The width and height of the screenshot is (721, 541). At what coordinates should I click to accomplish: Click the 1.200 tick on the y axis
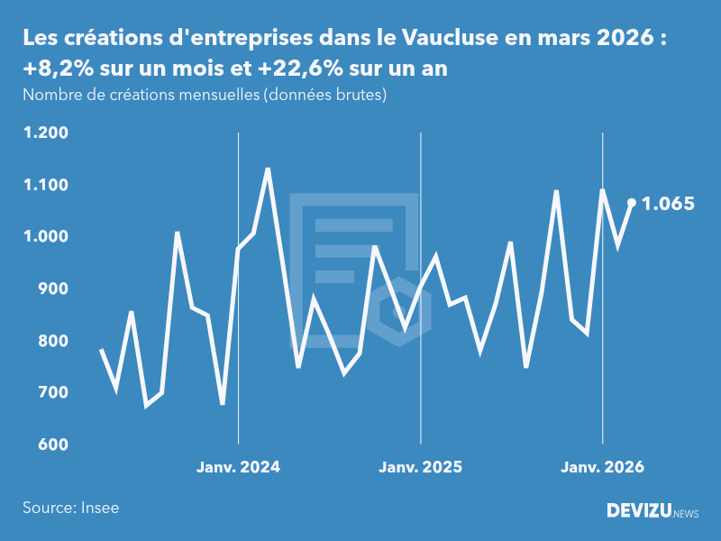(x=46, y=133)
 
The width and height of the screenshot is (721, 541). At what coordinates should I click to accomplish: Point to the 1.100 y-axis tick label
(x=46, y=185)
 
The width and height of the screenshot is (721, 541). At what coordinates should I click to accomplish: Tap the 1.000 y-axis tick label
(x=46, y=237)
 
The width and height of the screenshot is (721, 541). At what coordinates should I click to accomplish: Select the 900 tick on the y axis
(x=53, y=289)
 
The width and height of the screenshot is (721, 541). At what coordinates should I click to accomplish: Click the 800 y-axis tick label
(x=53, y=341)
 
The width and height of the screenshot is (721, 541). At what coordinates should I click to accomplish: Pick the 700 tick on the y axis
(x=53, y=393)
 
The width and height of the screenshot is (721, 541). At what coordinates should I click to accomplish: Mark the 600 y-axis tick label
(x=53, y=445)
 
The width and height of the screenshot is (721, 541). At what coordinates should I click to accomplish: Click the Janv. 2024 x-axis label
(x=239, y=467)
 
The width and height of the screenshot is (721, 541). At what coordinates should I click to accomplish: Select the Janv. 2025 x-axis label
(x=421, y=467)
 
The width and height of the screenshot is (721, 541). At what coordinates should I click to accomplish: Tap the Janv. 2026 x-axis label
(x=603, y=467)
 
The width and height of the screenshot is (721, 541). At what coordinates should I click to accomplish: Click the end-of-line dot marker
(x=632, y=203)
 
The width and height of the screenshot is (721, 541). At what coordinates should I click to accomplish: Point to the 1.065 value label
(x=668, y=204)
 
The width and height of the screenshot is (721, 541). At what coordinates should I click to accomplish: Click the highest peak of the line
(x=268, y=169)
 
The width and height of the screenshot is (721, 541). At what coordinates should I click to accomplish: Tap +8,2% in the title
(x=55, y=69)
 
